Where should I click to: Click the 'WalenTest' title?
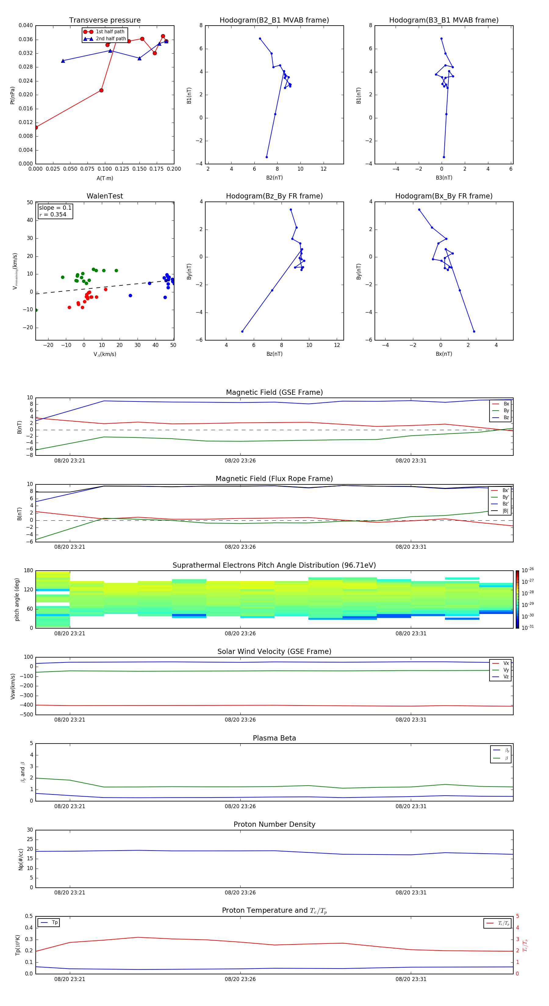[x=105, y=196]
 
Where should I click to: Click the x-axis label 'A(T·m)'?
[x=105, y=178]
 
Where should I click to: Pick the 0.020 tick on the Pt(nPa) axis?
[x=26, y=95]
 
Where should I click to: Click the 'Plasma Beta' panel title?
[x=274, y=738]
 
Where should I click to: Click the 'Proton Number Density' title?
[x=274, y=824]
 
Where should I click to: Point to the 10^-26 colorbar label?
[x=528, y=570]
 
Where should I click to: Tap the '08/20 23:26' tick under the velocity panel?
[x=240, y=720]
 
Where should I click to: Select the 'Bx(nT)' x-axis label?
[x=443, y=354]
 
